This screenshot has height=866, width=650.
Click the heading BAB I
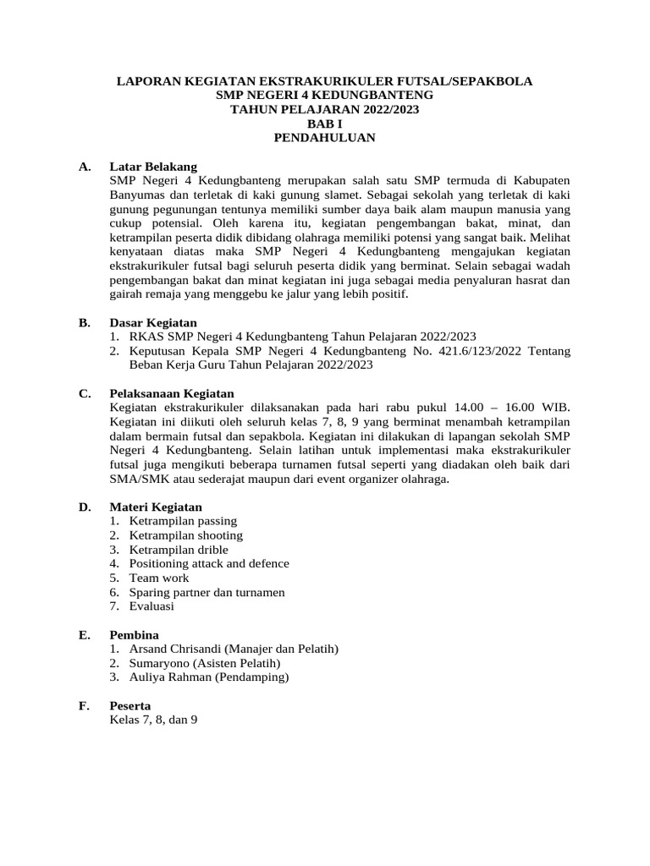click(325, 123)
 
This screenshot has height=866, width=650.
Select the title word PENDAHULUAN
click(325, 138)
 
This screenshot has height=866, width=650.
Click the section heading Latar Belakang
click(153, 167)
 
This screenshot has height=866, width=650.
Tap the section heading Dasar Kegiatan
click(153, 322)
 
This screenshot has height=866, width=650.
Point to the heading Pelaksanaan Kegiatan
click(172, 393)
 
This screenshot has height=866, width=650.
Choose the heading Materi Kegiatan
click(156, 507)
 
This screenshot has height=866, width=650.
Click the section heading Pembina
click(134, 634)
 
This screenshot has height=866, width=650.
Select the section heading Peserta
click(130, 705)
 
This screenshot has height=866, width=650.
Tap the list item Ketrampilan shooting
click(185, 535)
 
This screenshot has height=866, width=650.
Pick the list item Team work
click(159, 578)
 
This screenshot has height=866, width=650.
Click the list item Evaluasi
click(151, 606)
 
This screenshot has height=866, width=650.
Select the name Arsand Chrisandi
click(178, 649)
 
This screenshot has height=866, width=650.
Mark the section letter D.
click(85, 507)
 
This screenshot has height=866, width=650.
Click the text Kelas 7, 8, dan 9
click(153, 720)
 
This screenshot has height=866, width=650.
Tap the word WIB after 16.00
click(555, 408)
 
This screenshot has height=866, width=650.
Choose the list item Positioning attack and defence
click(209, 563)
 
